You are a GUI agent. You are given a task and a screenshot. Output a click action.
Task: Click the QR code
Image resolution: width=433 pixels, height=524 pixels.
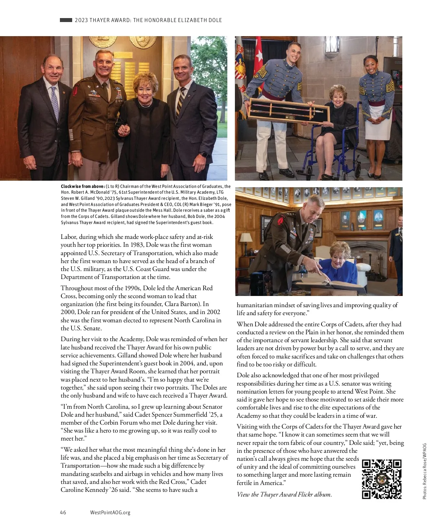point(381,479)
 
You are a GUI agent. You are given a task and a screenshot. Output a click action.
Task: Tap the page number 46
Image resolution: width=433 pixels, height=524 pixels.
point(63,512)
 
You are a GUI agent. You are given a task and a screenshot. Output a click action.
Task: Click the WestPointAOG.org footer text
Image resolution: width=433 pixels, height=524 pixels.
point(110,512)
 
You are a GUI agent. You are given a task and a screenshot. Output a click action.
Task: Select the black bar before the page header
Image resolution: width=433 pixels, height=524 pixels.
point(66,20)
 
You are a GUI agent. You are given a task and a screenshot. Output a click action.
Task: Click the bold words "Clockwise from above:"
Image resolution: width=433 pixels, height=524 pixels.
point(83,186)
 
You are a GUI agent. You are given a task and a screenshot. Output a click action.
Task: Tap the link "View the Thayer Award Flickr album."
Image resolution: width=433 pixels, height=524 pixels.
point(284,495)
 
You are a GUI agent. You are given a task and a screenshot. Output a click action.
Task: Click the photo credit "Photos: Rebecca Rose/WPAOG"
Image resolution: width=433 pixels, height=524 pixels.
point(425,471)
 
